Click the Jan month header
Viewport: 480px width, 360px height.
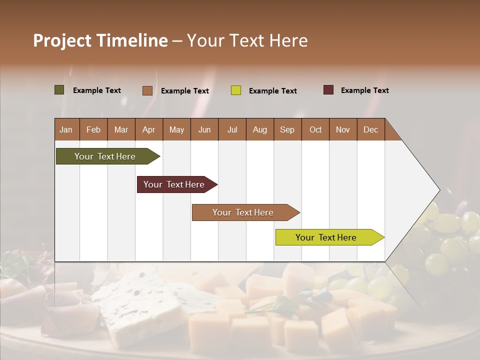[66, 129]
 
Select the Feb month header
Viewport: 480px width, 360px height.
[93, 129]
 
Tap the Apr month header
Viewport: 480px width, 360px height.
[148, 129]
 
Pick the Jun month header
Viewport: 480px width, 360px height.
[204, 129]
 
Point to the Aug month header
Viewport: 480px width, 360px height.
[259, 129]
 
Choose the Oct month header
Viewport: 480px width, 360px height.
[315, 129]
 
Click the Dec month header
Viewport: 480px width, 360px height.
[370, 129]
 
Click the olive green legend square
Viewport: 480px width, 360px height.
[59, 90]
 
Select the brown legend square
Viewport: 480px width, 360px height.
[147, 90]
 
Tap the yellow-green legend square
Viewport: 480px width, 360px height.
[236, 90]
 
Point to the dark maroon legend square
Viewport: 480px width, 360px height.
[328, 90]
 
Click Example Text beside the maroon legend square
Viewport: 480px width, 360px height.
[364, 90]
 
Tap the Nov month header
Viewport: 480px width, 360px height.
[343, 129]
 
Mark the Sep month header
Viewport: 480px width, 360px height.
[287, 129]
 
